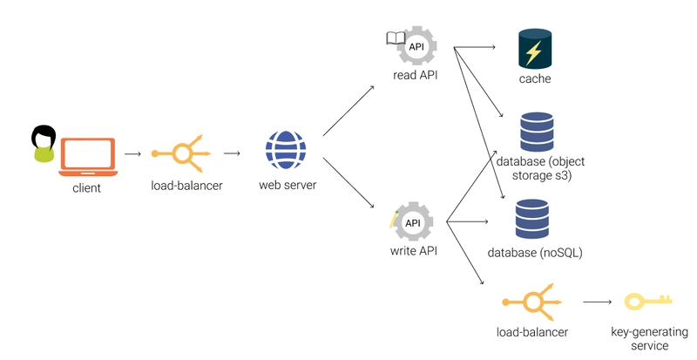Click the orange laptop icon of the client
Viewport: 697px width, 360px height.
(88, 154)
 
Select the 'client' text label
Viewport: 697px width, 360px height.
(87, 187)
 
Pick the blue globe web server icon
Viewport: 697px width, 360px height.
(285, 150)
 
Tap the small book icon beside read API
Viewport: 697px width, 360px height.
(396, 37)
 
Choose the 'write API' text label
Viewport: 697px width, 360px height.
(413, 252)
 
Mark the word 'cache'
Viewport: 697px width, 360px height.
(535, 79)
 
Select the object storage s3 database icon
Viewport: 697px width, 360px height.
(535, 132)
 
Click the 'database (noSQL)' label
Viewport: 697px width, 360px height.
(535, 253)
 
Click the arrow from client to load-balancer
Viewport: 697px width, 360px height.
(132, 154)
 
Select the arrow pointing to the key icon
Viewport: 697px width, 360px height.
(598, 302)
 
